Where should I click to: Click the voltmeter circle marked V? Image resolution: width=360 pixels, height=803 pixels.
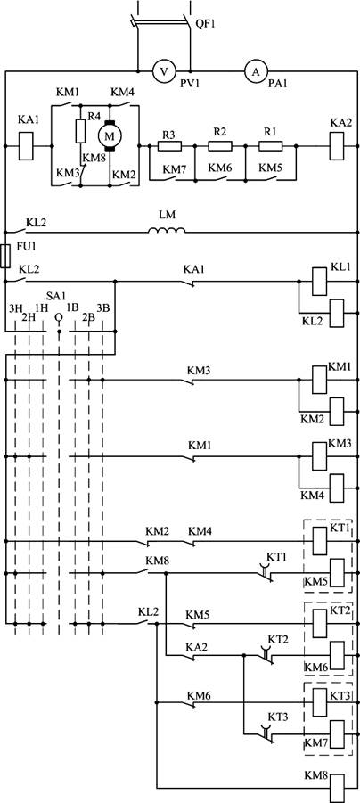pos(164,71)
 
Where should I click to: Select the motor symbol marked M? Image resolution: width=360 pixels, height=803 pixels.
pos(110,135)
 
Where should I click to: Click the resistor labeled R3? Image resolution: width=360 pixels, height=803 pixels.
pos(169,146)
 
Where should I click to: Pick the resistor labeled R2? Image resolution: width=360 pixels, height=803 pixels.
pos(220,146)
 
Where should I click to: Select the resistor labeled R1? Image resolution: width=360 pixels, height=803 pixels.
pos(270,146)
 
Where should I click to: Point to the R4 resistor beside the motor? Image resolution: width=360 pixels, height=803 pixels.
pos(80,131)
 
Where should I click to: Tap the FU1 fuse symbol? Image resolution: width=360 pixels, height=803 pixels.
pos(5,256)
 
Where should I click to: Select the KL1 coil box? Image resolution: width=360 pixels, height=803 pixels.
pos(319,281)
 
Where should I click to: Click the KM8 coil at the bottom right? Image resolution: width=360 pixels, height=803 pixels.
pos(339,788)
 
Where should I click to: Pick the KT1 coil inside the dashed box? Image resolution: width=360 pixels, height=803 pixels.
pos(319,541)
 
